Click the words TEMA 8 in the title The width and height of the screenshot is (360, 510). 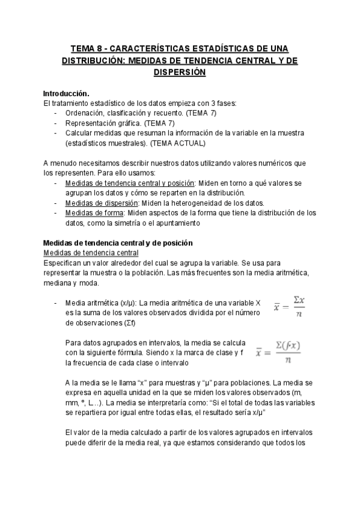pos(85,48)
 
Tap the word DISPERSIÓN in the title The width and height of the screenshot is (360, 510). pos(180,72)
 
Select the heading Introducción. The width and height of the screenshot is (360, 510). pos(66,94)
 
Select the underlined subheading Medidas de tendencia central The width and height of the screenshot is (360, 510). pos(82,253)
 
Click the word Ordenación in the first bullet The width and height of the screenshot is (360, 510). pos(84,113)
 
